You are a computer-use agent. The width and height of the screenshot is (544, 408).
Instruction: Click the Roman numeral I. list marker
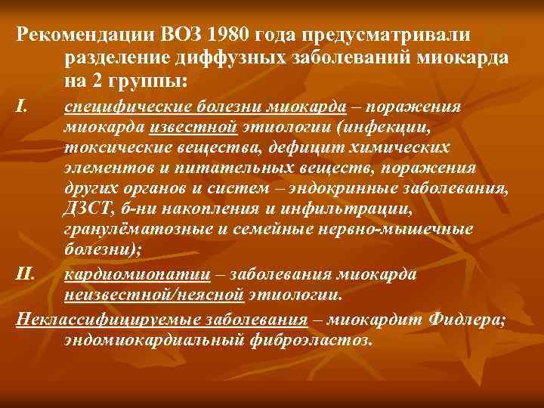click(23, 106)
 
